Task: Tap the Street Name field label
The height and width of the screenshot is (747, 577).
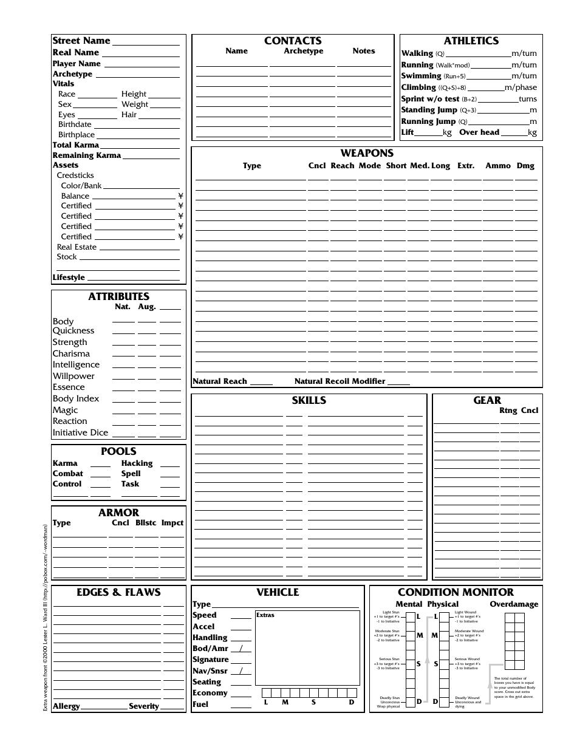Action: (x=81, y=41)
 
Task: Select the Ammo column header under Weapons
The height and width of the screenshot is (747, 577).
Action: (x=497, y=166)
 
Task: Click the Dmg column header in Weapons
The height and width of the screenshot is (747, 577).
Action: (x=525, y=166)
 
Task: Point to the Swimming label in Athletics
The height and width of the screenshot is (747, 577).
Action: (x=421, y=76)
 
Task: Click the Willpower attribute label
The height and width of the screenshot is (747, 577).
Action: (x=73, y=376)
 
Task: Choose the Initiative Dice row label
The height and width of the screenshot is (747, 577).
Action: (x=80, y=432)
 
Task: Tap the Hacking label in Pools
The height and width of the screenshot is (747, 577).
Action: (x=137, y=463)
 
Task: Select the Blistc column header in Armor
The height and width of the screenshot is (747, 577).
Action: (x=145, y=523)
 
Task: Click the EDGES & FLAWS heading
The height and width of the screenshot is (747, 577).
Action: (x=118, y=592)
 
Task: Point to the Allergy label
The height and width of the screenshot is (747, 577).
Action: (x=66, y=706)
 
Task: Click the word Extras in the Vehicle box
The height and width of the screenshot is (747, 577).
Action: (x=265, y=615)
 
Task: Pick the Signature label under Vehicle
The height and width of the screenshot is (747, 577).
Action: (x=210, y=660)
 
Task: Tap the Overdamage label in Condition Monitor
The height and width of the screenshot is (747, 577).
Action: (x=514, y=604)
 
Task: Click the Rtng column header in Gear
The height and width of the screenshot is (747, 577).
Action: (x=508, y=411)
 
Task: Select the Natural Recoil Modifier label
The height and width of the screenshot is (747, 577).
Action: (x=340, y=381)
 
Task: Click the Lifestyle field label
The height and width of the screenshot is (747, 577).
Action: (x=69, y=278)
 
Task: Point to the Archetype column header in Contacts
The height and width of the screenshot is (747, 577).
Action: (x=304, y=51)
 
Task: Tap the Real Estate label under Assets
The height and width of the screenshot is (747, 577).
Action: (x=77, y=247)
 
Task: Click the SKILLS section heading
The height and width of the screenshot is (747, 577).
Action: (x=309, y=400)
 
